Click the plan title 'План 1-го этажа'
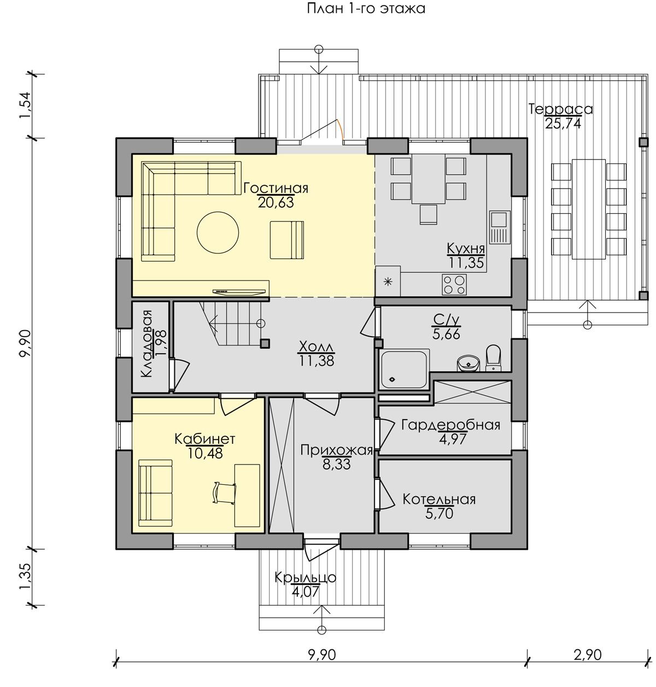click(x=365, y=9)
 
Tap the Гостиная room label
click(x=276, y=188)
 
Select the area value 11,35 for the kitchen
click(x=466, y=263)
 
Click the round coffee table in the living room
click(x=218, y=232)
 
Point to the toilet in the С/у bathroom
click(x=493, y=358)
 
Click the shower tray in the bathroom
click(x=405, y=369)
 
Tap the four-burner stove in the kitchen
click(x=454, y=285)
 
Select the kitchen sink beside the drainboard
click(x=499, y=219)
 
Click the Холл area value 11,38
click(x=317, y=361)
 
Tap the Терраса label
click(x=560, y=109)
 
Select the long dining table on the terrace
click(x=589, y=209)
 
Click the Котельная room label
click(x=439, y=499)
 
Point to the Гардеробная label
click(x=451, y=425)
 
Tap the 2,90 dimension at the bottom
click(x=588, y=655)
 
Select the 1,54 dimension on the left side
click(x=26, y=106)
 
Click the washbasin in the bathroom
click(x=468, y=363)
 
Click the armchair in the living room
click(x=286, y=240)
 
